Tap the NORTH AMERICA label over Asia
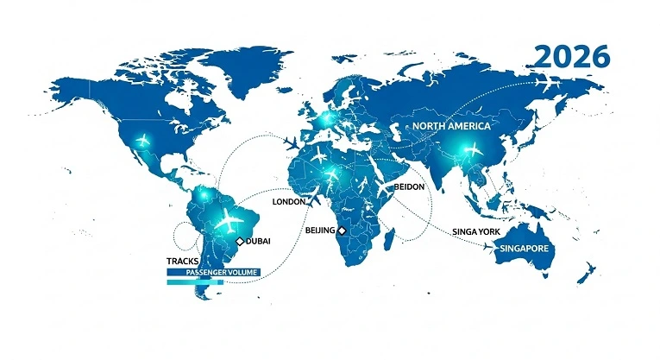(x=451, y=126)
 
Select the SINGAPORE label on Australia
(x=526, y=249)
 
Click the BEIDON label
(x=410, y=186)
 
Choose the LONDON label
(x=290, y=202)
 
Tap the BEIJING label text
(x=321, y=231)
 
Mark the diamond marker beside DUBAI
(x=240, y=241)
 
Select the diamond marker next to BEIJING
(x=342, y=231)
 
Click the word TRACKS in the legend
(x=181, y=260)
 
